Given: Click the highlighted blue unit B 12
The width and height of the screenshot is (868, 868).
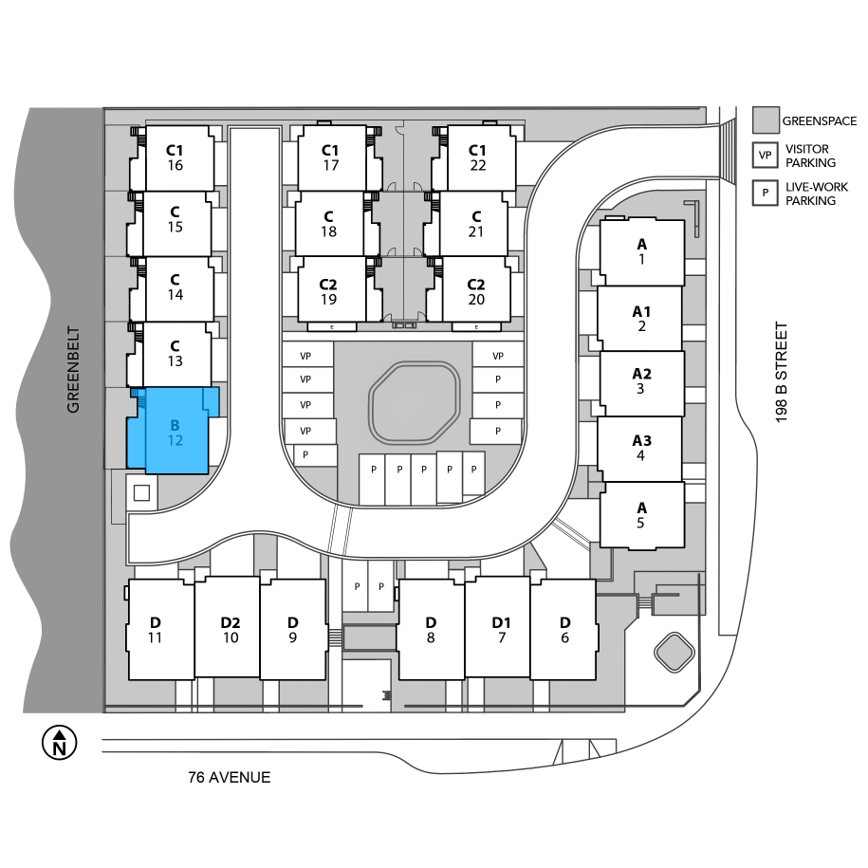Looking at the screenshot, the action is (x=175, y=432).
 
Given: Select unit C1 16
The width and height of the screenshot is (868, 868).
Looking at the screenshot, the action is (x=175, y=158).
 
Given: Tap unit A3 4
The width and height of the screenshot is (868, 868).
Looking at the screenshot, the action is (x=640, y=449).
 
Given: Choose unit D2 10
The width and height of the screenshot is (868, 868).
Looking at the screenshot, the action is (x=230, y=628).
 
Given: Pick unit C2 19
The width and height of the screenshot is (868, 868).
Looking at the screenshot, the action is (x=330, y=291).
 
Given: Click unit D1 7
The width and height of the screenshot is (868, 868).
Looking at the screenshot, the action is (x=499, y=628).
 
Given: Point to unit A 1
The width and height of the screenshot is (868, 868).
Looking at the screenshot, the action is (x=642, y=252).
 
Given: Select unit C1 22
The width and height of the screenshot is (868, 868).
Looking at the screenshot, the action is (x=476, y=157).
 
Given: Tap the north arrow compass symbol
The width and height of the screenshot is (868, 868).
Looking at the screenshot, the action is (x=59, y=743).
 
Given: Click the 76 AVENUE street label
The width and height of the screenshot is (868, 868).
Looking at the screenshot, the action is (x=230, y=777).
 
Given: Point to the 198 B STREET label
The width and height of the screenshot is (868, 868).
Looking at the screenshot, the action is (x=781, y=372).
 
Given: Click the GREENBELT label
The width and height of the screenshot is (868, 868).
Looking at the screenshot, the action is (x=73, y=369).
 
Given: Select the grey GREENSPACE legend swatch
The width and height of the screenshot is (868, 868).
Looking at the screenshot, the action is (x=766, y=120).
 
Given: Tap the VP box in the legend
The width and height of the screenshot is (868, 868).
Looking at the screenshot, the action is (x=765, y=155).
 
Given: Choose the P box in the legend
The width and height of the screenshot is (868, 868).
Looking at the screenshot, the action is (x=765, y=193).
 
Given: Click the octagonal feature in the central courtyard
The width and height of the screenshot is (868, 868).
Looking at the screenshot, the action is (x=414, y=402).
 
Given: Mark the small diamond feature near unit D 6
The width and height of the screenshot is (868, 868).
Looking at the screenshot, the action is (x=674, y=652).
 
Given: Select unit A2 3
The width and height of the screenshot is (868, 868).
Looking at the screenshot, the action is (x=641, y=382).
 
